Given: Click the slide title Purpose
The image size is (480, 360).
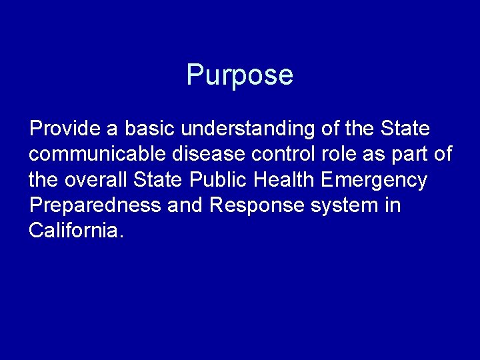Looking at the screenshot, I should (x=239, y=75).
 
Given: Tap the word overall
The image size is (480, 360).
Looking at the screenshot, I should (x=96, y=180).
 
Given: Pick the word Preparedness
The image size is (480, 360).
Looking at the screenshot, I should (x=95, y=205).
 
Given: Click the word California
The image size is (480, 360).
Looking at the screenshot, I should (x=76, y=231).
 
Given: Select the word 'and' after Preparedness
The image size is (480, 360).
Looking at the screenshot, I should (x=185, y=205).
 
